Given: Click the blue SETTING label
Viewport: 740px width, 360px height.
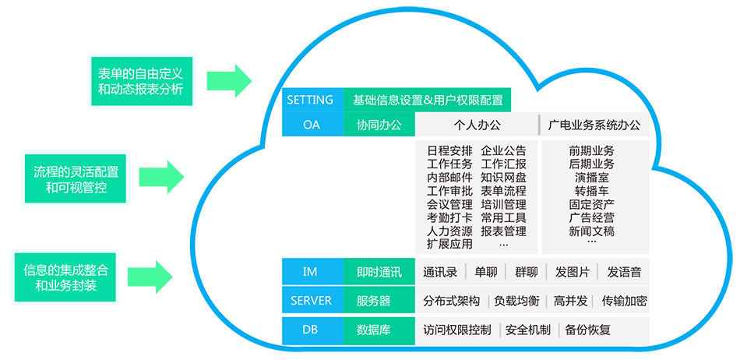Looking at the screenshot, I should pos(311,100).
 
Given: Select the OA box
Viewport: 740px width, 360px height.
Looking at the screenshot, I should pos(311,125).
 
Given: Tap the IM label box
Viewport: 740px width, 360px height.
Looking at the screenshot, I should pos(311,272).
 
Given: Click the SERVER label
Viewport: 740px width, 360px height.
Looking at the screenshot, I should pos(311,301).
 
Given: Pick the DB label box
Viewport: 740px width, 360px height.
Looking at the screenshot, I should pos(311,330).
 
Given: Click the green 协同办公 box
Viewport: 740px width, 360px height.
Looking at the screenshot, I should pos(379,125).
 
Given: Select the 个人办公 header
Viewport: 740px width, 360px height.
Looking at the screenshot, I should pos(477,125).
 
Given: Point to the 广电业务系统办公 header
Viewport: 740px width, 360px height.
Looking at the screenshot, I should pos(594,125).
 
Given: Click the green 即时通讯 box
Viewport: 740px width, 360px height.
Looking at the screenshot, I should pos(379,272).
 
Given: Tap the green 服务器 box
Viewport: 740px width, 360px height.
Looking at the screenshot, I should pos(374,301).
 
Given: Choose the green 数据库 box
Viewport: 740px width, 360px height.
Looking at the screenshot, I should pos(374,330).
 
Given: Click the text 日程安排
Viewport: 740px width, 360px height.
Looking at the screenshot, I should pos(449,150).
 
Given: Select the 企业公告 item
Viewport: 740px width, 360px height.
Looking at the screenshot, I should pos(503,150).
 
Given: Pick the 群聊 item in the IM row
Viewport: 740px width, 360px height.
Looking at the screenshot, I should pos(526,272).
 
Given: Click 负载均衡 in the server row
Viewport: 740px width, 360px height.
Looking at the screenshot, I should pos(516,301).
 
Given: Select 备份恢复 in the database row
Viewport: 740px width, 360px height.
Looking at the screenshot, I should pos(588,330).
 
